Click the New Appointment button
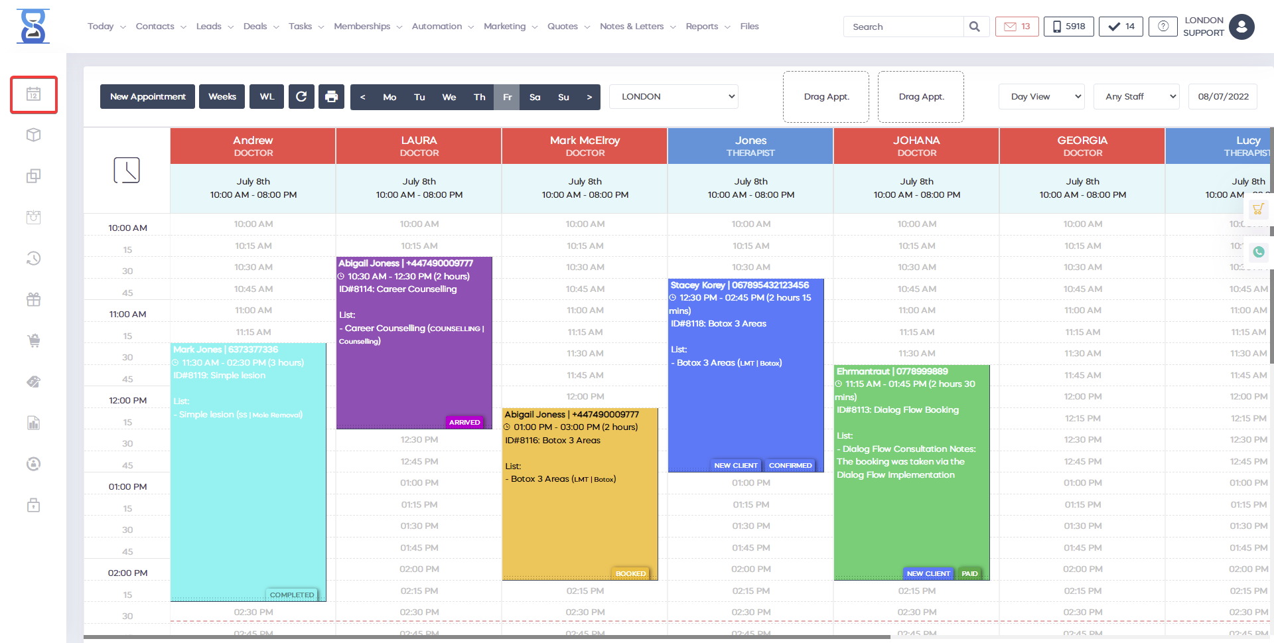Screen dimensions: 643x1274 pos(147,97)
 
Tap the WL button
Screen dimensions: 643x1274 pos(267,97)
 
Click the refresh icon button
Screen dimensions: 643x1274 pos(301,97)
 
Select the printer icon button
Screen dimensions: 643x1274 pos(331,97)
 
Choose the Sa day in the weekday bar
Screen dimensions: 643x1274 pos(535,97)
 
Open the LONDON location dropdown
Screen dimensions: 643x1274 pos(673,97)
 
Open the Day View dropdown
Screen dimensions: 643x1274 pos(1041,97)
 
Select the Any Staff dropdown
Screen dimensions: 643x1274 pos(1136,97)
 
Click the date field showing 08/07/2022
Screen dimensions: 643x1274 pos(1223,97)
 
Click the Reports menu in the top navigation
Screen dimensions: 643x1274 pos(702,27)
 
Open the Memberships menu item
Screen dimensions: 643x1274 pos(362,27)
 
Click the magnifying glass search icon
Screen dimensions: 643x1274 pos(975,27)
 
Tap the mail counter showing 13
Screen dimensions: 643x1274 pos(1017,27)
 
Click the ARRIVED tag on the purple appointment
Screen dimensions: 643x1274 pos(464,422)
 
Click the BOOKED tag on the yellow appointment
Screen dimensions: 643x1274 pos(630,573)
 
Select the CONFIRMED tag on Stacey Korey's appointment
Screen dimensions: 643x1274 pos(790,465)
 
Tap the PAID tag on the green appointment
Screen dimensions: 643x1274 pos(969,573)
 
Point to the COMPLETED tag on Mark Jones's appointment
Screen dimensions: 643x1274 pos(292,595)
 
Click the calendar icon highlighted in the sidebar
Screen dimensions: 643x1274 pos(34,94)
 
